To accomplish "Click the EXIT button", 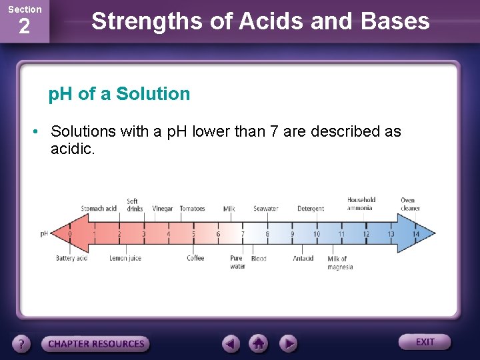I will click(x=425, y=342).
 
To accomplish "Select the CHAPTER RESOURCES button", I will click(x=95, y=344).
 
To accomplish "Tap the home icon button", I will click(x=259, y=343).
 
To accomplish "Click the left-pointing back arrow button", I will click(x=231, y=343).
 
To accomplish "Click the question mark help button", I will click(x=22, y=344).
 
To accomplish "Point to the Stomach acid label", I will click(x=99, y=209).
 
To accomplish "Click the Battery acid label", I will click(x=71, y=259).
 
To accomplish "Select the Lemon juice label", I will click(x=125, y=259).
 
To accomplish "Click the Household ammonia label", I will click(x=361, y=204).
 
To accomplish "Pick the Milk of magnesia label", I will click(x=339, y=263).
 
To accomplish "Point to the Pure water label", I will click(x=237, y=262).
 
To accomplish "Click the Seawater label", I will click(x=265, y=209).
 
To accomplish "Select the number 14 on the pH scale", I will click(x=415, y=234).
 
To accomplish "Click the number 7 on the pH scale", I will click(x=243, y=234).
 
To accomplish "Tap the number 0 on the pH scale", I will click(x=70, y=234).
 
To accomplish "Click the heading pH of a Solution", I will click(x=119, y=94).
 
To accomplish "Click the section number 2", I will click(x=24, y=27).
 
